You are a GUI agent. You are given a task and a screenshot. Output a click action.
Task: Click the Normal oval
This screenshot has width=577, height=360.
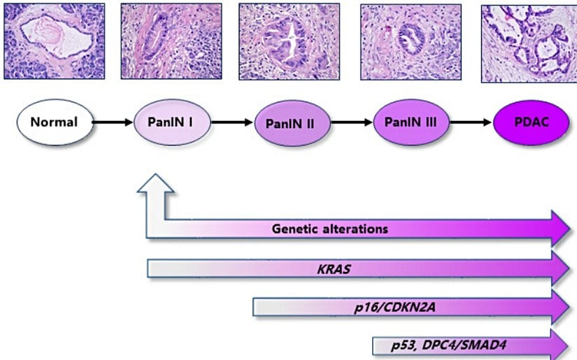click(53, 122)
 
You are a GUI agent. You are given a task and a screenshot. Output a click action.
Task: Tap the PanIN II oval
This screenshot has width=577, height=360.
click(290, 123)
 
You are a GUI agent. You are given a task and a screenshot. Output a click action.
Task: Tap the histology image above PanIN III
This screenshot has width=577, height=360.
click(411, 41)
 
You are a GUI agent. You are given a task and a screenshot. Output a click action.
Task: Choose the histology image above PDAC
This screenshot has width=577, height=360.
click(529, 41)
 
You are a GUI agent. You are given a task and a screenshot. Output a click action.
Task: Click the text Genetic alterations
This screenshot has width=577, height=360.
click(330, 229)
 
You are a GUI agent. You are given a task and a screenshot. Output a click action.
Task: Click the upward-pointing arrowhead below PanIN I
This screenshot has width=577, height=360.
click(156, 186)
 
